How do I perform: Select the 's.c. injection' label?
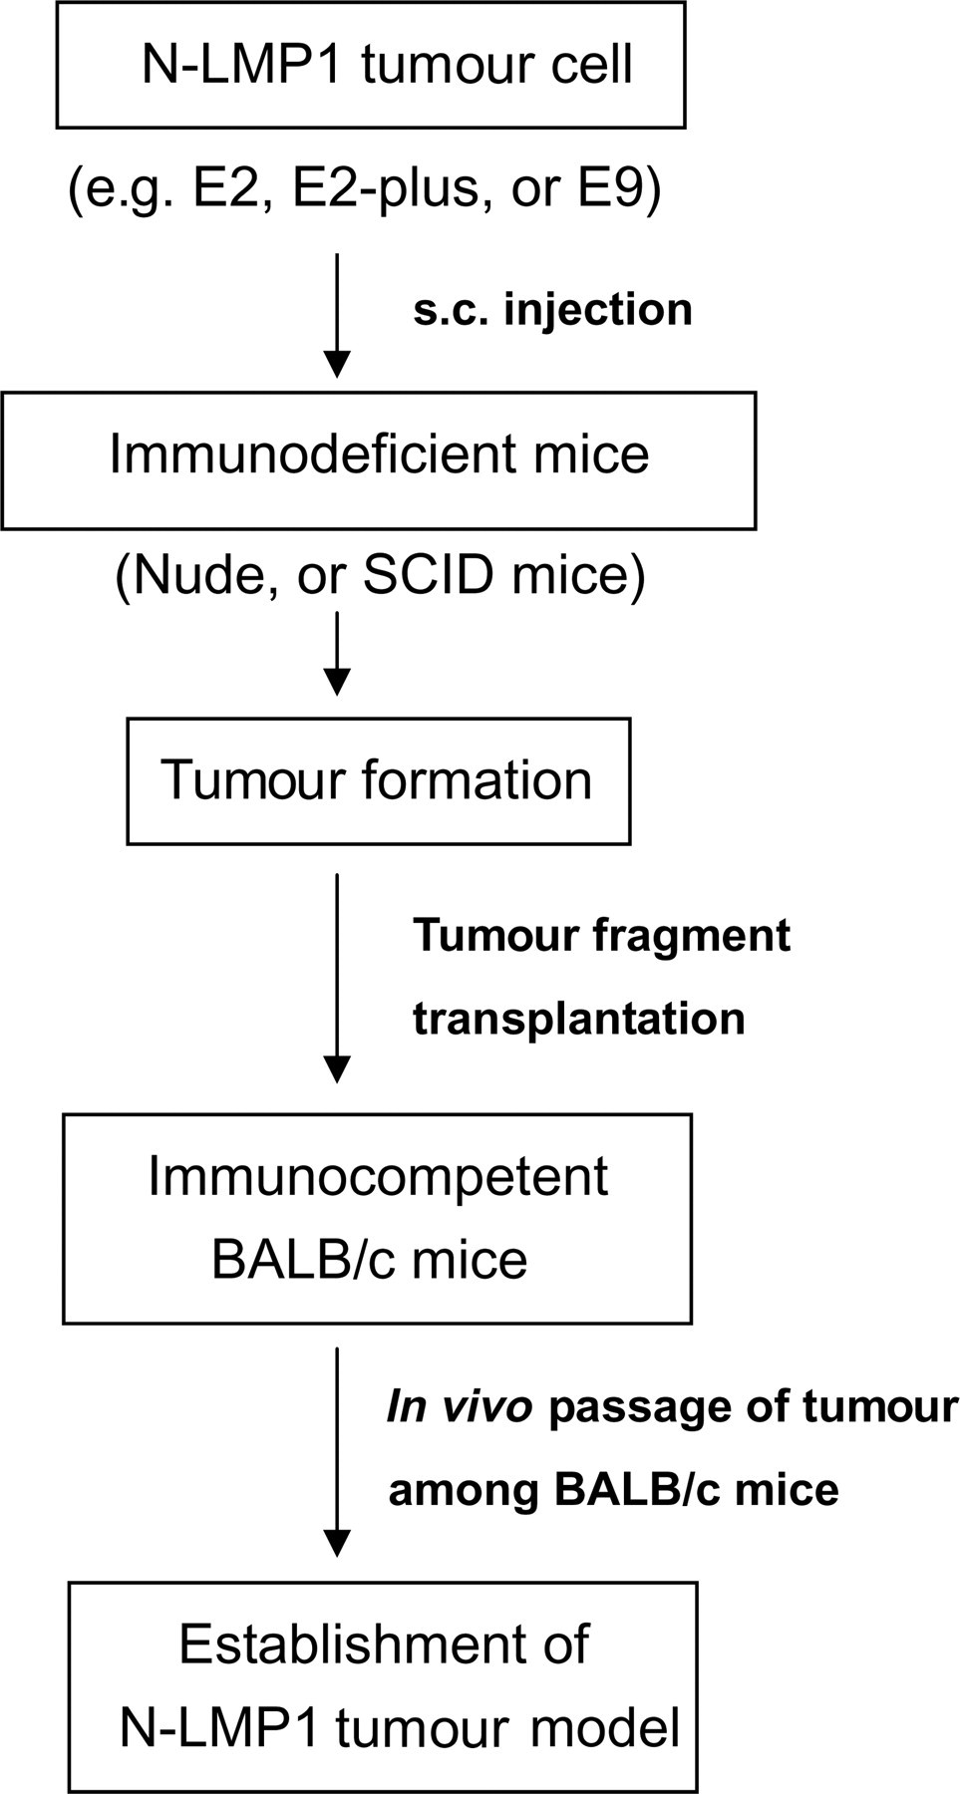[552, 309]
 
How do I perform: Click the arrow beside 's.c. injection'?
[338, 316]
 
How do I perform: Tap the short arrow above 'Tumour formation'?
[338, 654]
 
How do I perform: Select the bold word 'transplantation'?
[578, 1019]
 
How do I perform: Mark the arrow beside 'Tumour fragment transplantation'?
[338, 979]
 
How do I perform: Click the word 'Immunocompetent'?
[378, 1176]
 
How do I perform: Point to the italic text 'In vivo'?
[460, 1407]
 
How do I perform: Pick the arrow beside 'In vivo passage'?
[338, 1452]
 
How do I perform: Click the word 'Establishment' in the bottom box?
[384, 1644]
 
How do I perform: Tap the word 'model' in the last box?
[606, 1728]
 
